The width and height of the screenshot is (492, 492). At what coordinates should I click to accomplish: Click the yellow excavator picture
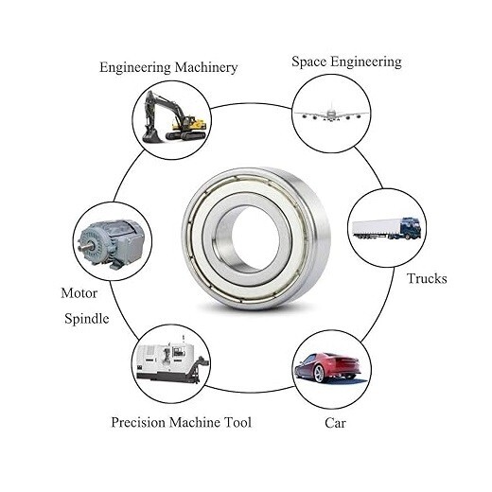click(x=175, y=118)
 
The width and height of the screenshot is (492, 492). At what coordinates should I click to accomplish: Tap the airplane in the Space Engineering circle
click(x=331, y=114)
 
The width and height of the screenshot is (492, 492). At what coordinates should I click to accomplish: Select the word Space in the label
click(x=309, y=61)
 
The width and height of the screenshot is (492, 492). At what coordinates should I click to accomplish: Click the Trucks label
click(x=427, y=278)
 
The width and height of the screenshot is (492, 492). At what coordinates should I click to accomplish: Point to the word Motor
click(x=79, y=292)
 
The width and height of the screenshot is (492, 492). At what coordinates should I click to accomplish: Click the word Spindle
click(x=86, y=319)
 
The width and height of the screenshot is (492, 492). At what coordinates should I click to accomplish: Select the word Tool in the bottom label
click(x=237, y=422)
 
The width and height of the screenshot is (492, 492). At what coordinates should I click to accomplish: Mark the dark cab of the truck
click(x=410, y=228)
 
